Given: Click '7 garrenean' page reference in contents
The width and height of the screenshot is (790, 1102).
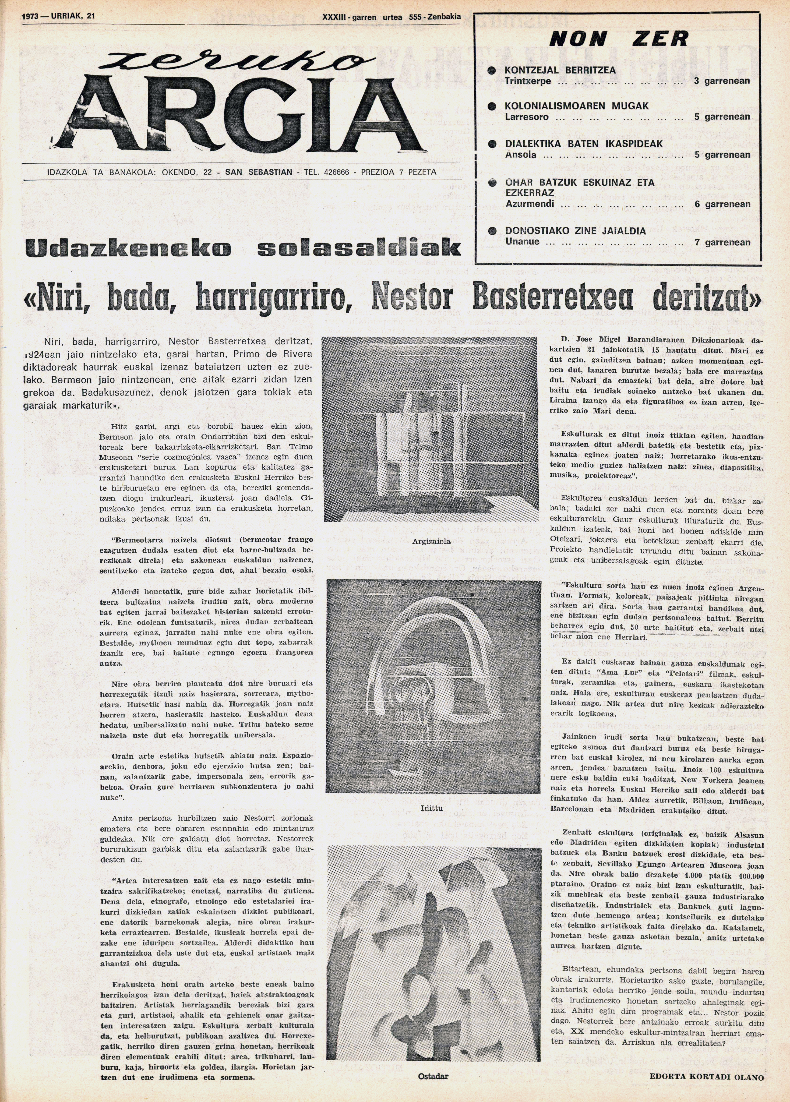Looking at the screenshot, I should tap(722, 242).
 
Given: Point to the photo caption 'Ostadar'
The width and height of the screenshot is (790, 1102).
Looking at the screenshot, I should tap(433, 1076).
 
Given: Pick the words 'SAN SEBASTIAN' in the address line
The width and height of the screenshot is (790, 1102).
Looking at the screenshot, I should tap(258, 172).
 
